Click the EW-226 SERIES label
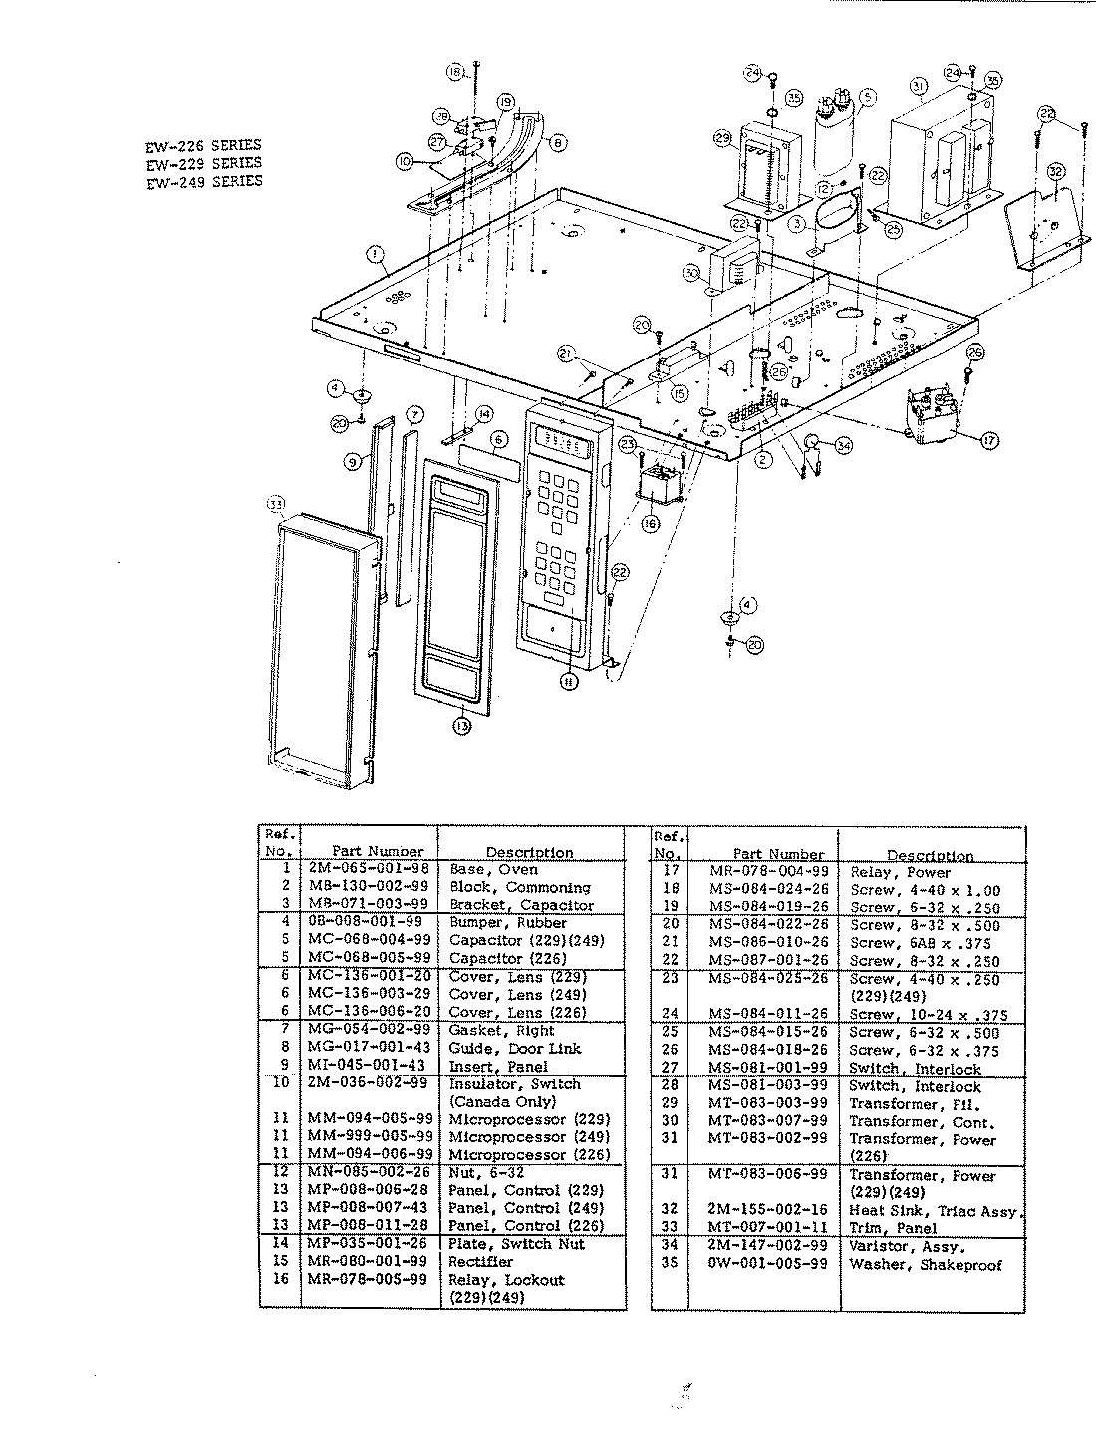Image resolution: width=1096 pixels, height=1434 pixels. pos(203,145)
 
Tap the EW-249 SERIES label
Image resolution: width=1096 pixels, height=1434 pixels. pos(203,181)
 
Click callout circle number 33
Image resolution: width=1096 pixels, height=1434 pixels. pos(276,505)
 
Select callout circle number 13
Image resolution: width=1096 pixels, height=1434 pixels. pos(460,727)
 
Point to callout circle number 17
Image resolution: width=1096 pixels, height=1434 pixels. pos(988,439)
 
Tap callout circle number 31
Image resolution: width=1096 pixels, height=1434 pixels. pos(918,86)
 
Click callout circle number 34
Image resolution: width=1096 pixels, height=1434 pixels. pos(844,445)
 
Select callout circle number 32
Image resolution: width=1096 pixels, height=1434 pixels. pos(1056,171)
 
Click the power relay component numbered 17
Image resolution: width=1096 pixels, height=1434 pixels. pos(937,414)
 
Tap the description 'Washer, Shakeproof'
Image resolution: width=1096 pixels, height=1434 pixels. pos(925,1264)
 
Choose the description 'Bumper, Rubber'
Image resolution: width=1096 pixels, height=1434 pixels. pos(507,923)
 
